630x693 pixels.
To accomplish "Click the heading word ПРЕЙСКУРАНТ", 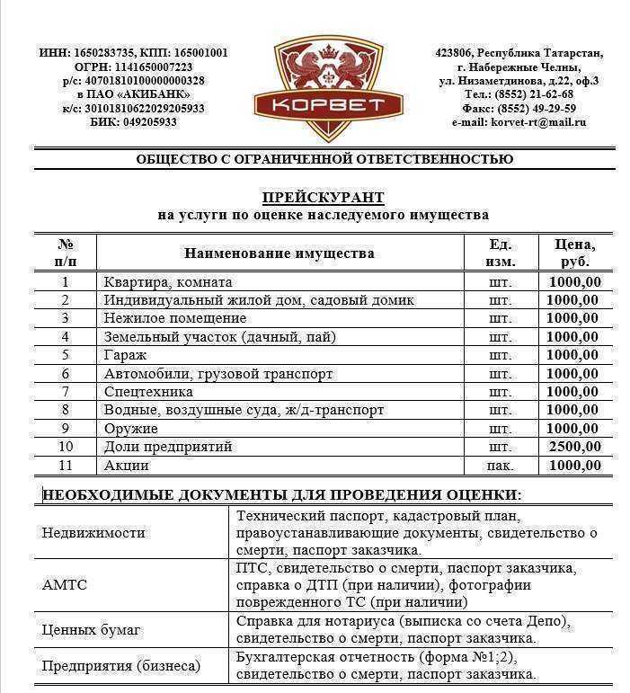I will (323, 198).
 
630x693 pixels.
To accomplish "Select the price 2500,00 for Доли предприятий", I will (574, 447).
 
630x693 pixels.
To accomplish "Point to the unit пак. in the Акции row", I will (500, 466).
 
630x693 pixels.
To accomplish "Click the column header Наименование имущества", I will (279, 253).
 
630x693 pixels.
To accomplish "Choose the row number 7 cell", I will (65, 392).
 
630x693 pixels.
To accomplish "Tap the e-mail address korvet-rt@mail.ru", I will (536, 122).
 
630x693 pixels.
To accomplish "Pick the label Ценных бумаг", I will (92, 630).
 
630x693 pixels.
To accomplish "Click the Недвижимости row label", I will (93, 532).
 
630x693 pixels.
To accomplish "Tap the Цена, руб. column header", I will (575, 253).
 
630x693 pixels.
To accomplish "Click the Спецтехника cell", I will (148, 392).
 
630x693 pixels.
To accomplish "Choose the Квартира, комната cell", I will (168, 282).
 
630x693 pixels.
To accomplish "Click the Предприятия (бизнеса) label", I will (121, 666).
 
